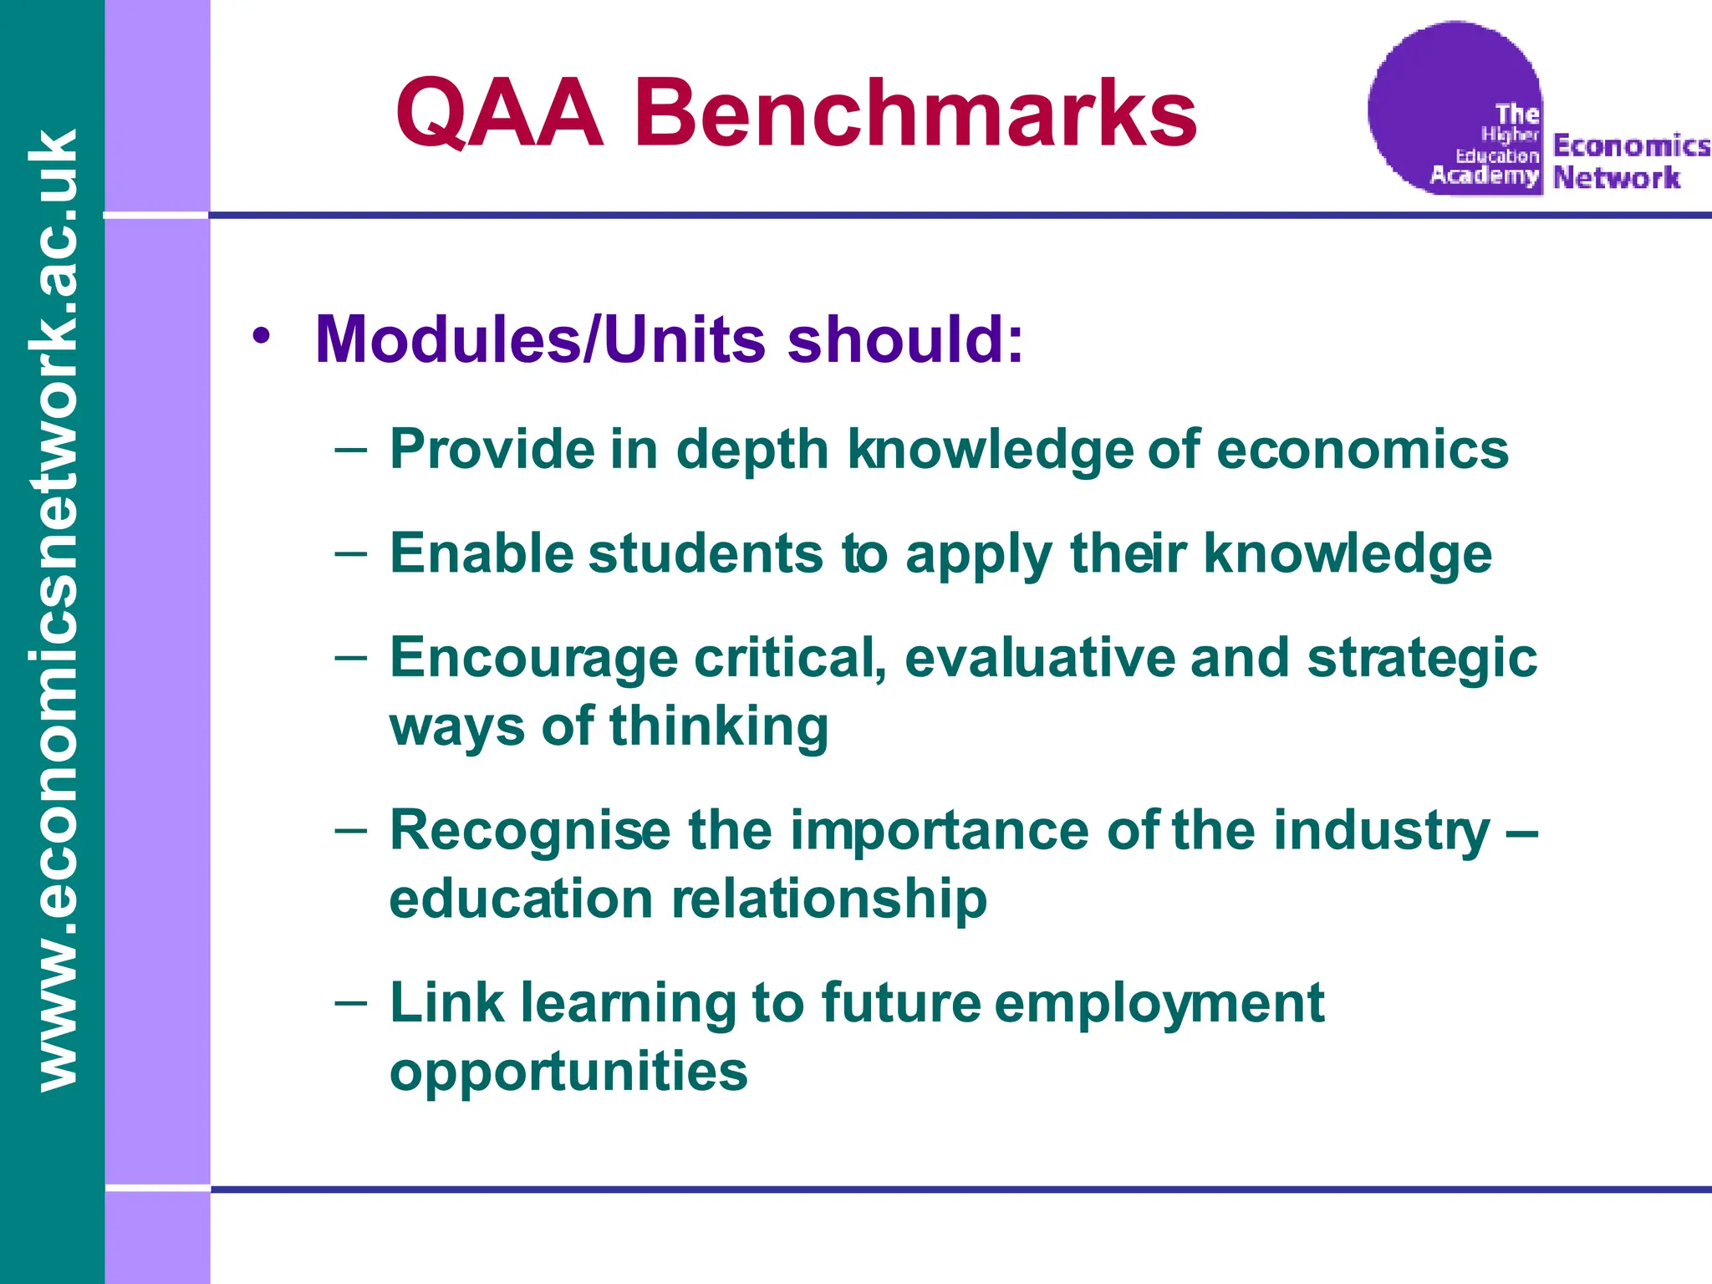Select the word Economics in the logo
click(x=1631, y=145)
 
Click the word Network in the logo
click(x=1616, y=177)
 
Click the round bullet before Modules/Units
click(x=262, y=336)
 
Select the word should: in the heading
click(x=904, y=340)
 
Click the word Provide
click(x=492, y=449)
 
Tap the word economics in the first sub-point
click(x=1362, y=449)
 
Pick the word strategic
click(x=1422, y=658)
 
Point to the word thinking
click(x=719, y=726)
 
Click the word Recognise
click(x=530, y=830)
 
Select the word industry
click(x=1382, y=830)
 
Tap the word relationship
click(x=829, y=899)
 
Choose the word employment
click(x=1159, y=1003)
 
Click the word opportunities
click(x=568, y=1072)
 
